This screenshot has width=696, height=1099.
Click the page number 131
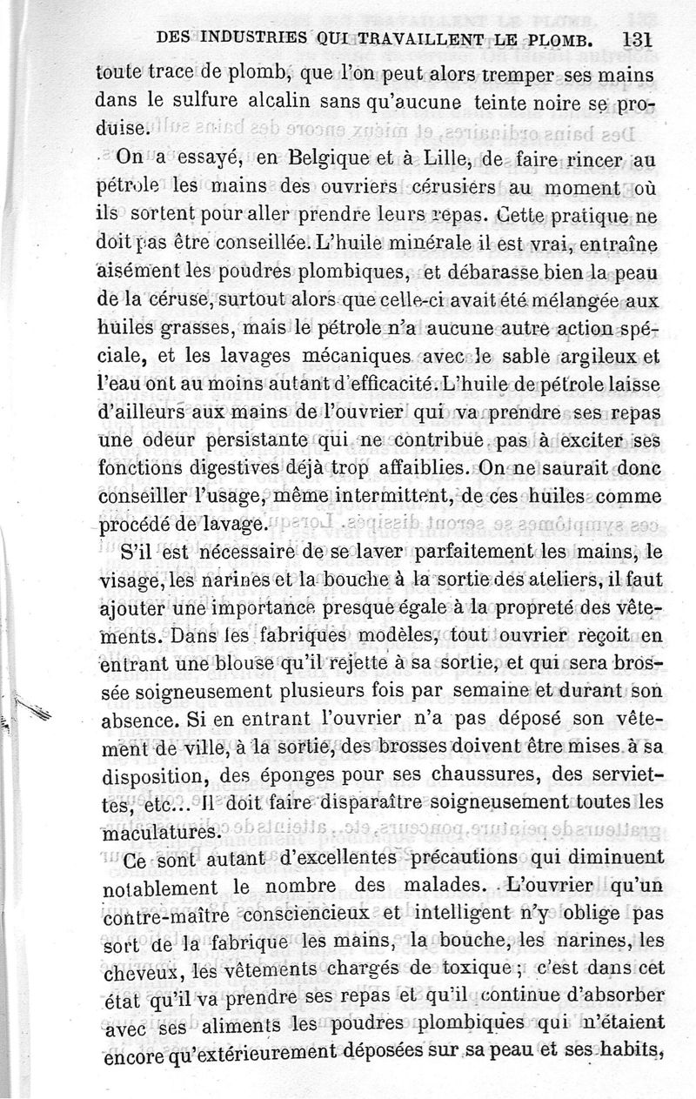[638, 38]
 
